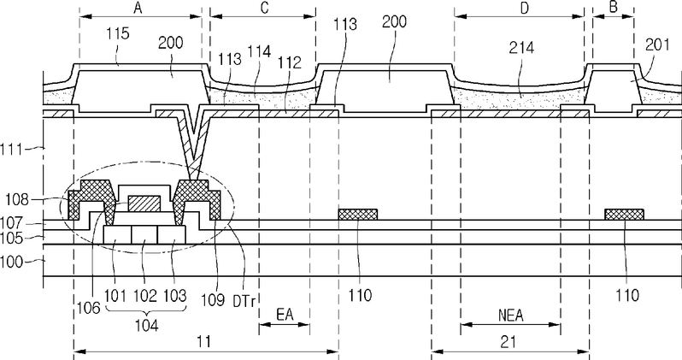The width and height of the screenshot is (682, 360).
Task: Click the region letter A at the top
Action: [138, 8]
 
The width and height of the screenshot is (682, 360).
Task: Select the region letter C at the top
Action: [264, 9]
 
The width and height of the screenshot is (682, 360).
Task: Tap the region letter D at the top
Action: [525, 8]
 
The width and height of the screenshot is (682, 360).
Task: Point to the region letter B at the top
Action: [614, 8]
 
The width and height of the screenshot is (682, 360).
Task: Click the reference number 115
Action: [118, 33]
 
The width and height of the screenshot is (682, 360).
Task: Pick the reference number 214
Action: [521, 48]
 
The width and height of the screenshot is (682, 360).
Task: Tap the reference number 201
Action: [657, 44]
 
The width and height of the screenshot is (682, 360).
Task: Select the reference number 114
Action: [259, 52]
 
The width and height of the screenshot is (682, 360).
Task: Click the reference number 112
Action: [290, 63]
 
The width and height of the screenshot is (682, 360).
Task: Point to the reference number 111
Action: [10, 150]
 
